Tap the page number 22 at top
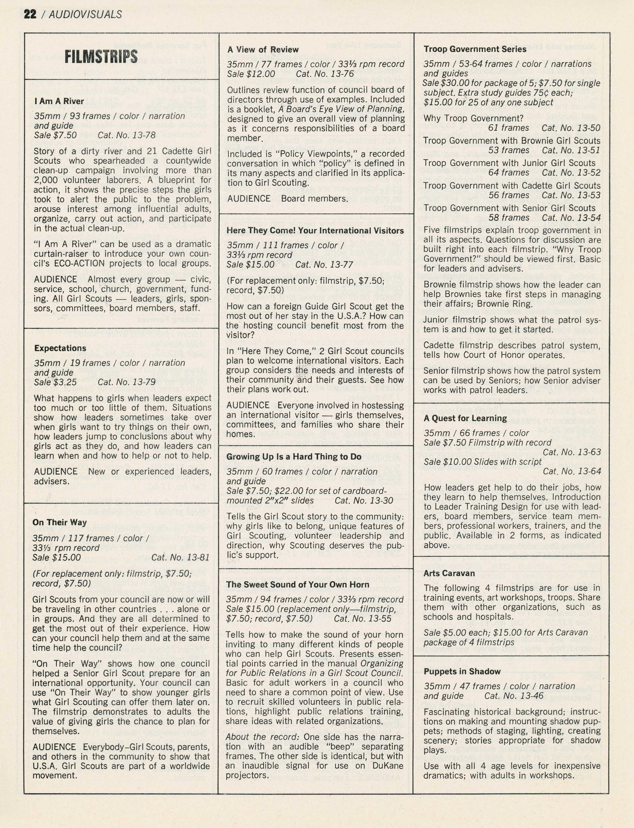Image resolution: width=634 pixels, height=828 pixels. (30, 14)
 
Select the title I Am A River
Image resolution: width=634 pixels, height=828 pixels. (59, 101)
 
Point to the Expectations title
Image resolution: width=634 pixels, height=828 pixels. (60, 348)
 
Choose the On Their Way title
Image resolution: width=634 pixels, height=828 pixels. (60, 522)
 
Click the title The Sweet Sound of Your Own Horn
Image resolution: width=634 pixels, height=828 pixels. (297, 585)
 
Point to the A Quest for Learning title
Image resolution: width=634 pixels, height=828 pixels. (465, 418)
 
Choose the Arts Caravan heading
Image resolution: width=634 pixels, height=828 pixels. (449, 573)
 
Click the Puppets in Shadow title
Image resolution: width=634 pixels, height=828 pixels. (462, 671)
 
